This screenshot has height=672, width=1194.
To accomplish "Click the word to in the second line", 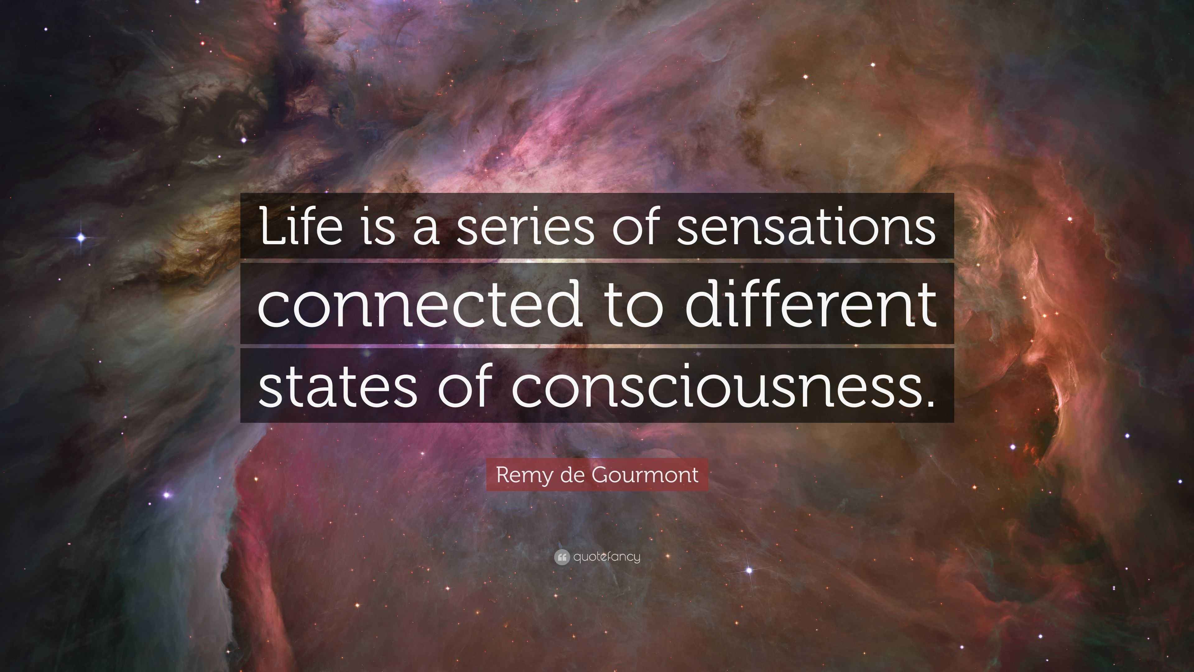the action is tap(633, 307).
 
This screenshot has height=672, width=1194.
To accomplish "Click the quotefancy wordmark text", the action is tap(607, 557).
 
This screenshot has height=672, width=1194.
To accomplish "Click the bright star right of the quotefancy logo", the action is tap(749, 570).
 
